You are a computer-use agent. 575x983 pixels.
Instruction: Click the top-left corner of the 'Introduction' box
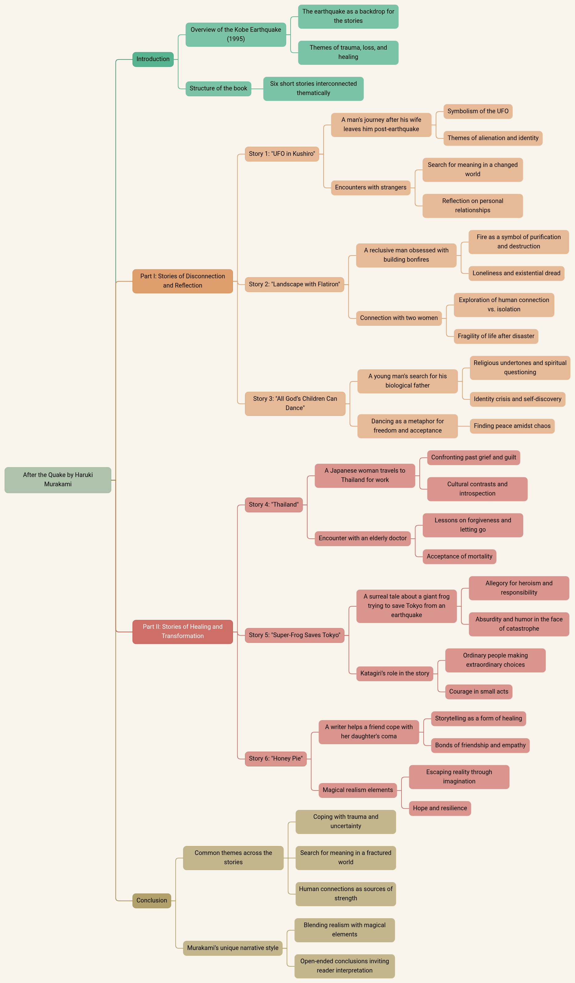tap(133, 52)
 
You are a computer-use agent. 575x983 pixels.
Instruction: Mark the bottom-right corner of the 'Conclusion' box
tap(171, 908)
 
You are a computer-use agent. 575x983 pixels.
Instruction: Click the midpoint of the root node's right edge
tap(111, 480)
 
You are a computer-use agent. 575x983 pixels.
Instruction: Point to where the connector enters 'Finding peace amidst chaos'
tap(470, 426)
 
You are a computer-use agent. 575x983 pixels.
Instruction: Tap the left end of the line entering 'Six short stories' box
tap(251, 89)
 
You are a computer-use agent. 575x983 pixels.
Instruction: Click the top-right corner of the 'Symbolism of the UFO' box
tap(512, 105)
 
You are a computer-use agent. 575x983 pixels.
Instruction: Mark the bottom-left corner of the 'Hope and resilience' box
tap(410, 815)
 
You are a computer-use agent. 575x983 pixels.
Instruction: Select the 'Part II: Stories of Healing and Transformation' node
tap(183, 632)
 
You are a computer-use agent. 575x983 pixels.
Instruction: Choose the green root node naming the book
tap(58, 480)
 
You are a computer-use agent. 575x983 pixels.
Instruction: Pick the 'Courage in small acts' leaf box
tap(479, 692)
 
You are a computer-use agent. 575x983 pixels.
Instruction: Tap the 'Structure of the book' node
tap(218, 89)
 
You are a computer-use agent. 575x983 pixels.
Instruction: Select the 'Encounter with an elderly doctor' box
tap(363, 538)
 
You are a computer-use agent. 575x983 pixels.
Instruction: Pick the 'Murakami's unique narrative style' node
tap(233, 948)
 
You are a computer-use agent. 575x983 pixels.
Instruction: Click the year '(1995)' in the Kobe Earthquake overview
tap(236, 39)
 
